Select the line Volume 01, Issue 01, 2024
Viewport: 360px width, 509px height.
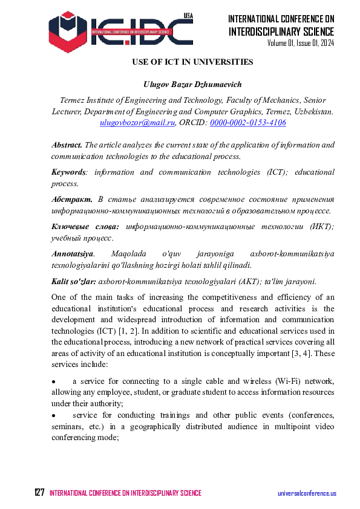301,44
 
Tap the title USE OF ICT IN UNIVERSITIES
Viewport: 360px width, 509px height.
192,62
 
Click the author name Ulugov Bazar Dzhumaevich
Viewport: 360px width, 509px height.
192,83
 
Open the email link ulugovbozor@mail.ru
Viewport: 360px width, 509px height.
137,123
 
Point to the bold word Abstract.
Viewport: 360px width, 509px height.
67,145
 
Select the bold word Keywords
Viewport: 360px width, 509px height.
68,172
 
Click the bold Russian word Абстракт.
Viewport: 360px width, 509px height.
72,199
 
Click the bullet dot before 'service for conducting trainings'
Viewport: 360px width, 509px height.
54,416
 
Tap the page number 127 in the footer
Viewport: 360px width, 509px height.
39,493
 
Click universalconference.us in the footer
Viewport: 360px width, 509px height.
307,494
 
